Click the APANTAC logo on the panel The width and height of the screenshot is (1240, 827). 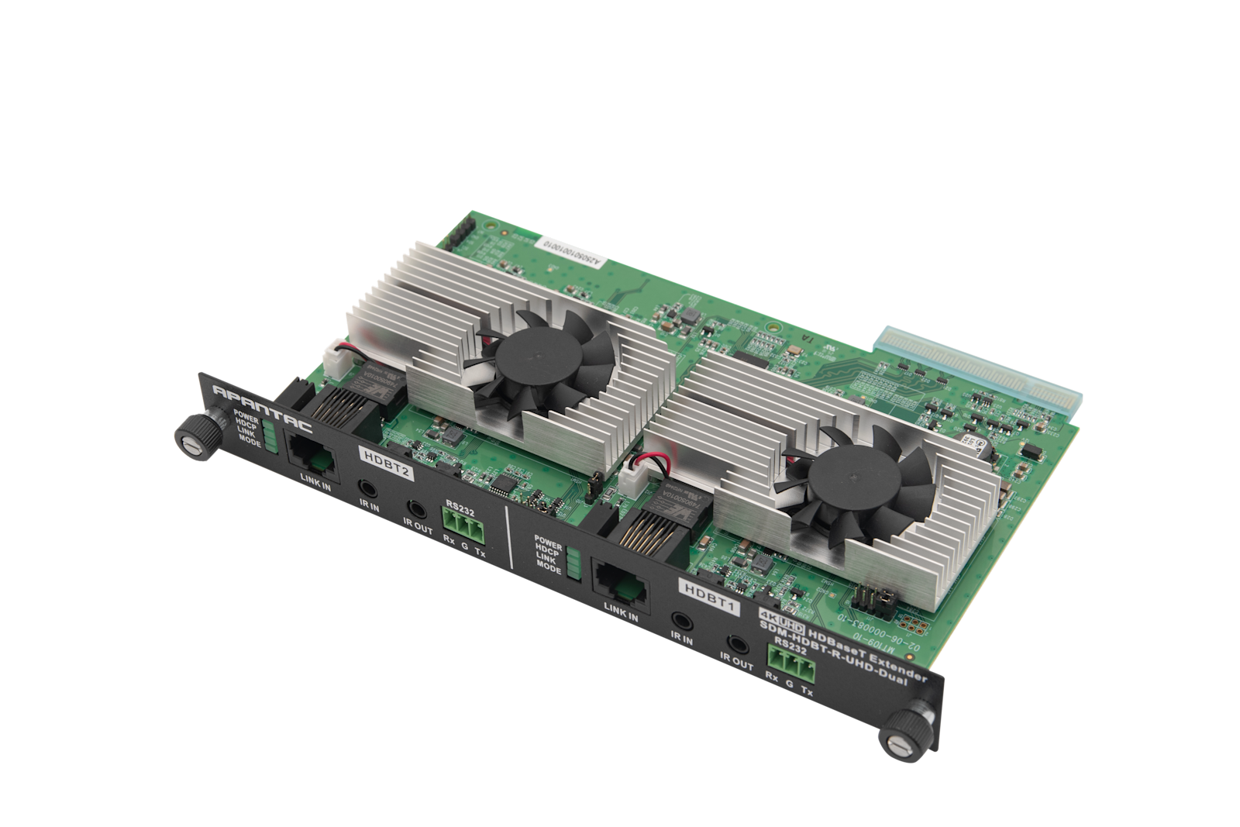tap(263, 404)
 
